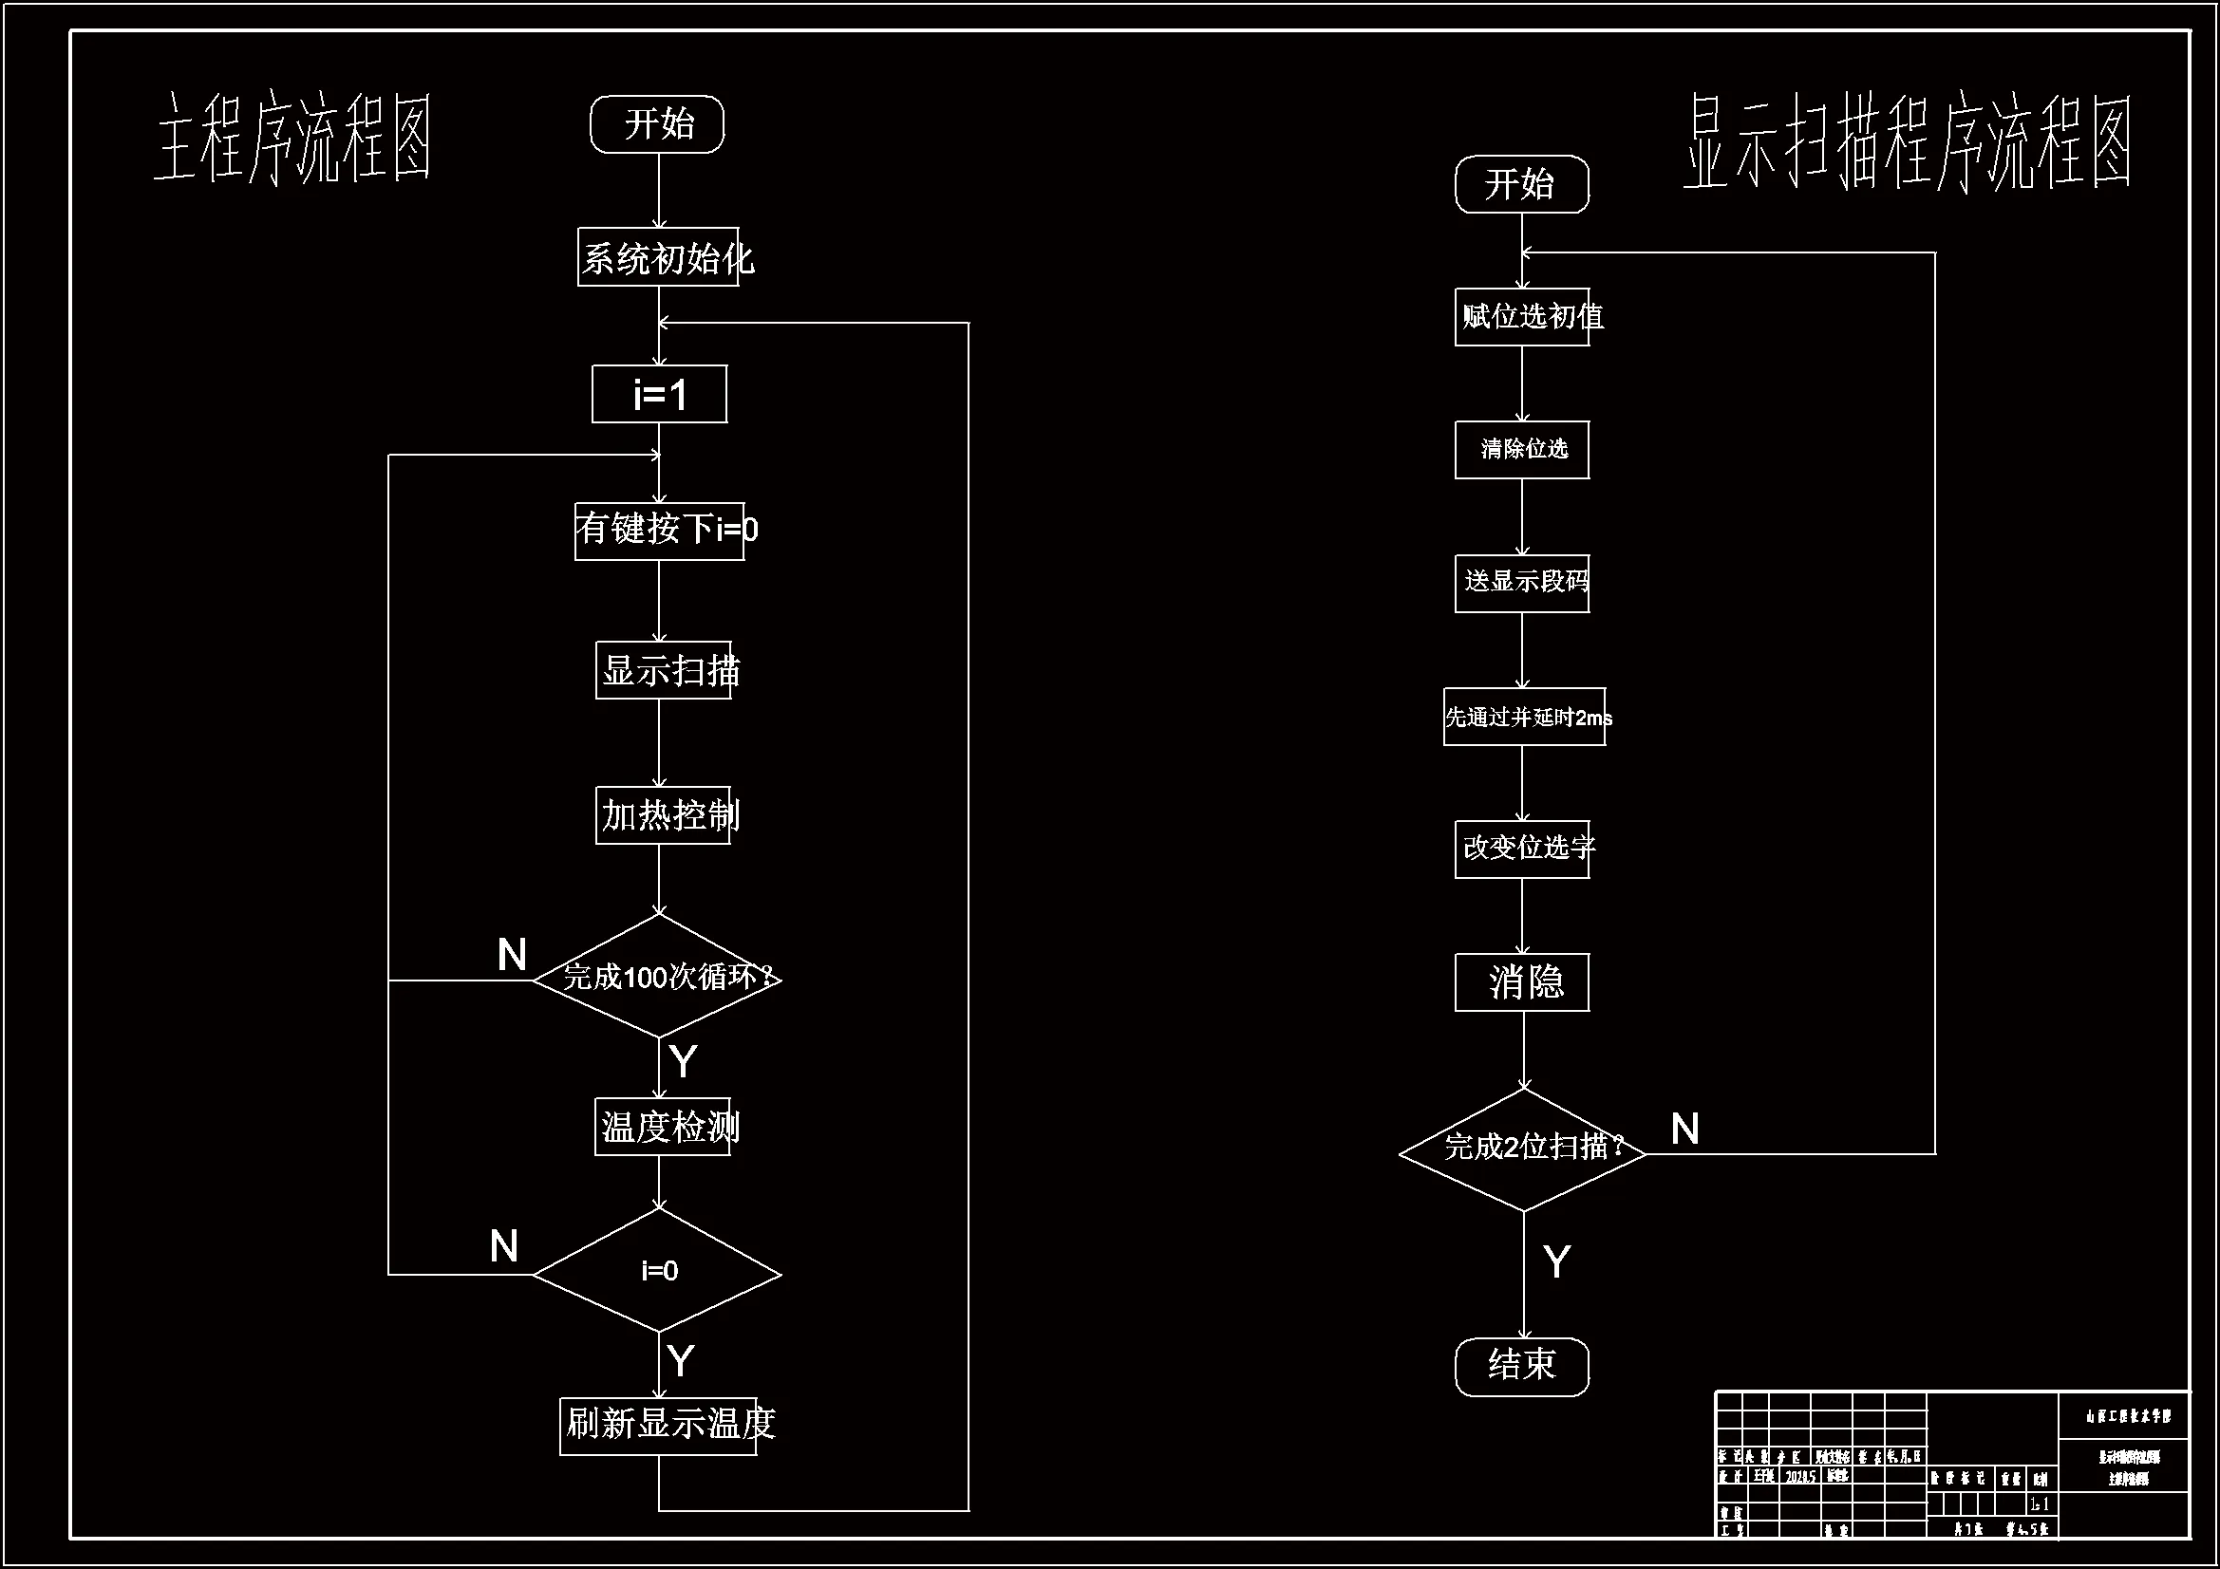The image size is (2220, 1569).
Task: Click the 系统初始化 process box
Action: point(658,257)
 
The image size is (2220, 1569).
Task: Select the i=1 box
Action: point(659,395)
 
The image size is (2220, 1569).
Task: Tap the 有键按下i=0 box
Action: point(659,531)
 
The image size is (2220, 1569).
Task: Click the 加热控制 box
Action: point(663,816)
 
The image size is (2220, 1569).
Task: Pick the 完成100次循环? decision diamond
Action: point(657,978)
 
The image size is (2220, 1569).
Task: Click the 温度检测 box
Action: point(663,1128)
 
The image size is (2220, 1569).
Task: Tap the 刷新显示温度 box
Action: point(658,1426)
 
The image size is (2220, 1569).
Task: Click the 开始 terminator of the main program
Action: point(657,123)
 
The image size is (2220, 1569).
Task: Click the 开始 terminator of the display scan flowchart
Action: point(1522,185)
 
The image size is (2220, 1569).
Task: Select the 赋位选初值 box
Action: point(1522,317)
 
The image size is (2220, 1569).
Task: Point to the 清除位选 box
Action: point(1522,450)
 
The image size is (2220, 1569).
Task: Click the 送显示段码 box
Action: point(1522,583)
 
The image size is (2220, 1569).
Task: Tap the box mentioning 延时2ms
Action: point(1525,718)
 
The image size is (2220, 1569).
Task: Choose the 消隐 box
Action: point(1522,983)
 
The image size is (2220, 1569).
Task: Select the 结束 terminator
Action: point(1522,1366)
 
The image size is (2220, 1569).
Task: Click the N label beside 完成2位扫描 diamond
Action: point(1684,1130)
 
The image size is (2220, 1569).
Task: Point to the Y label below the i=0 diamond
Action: point(681,1361)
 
